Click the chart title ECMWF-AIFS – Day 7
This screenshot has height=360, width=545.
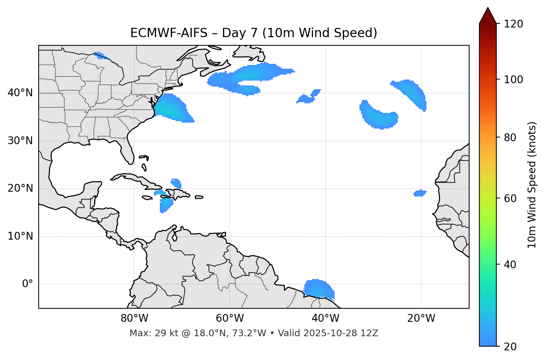(254, 33)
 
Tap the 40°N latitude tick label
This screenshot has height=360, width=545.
(20, 93)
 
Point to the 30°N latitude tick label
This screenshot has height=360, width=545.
(20, 141)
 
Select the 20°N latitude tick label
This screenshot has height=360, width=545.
(20, 188)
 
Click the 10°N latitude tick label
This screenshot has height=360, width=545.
(20, 236)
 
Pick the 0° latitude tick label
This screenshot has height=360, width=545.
(28, 284)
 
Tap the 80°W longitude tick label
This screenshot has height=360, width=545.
(134, 318)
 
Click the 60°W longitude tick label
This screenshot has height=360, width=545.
(230, 318)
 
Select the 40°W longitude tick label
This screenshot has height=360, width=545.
(325, 318)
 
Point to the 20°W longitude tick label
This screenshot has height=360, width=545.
(421, 318)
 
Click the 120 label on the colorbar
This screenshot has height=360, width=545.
(513, 24)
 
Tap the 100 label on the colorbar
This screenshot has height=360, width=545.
(513, 80)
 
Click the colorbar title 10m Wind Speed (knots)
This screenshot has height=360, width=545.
(532, 185)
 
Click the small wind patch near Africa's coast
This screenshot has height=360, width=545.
(420, 193)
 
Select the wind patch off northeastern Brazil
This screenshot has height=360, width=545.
(319, 289)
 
